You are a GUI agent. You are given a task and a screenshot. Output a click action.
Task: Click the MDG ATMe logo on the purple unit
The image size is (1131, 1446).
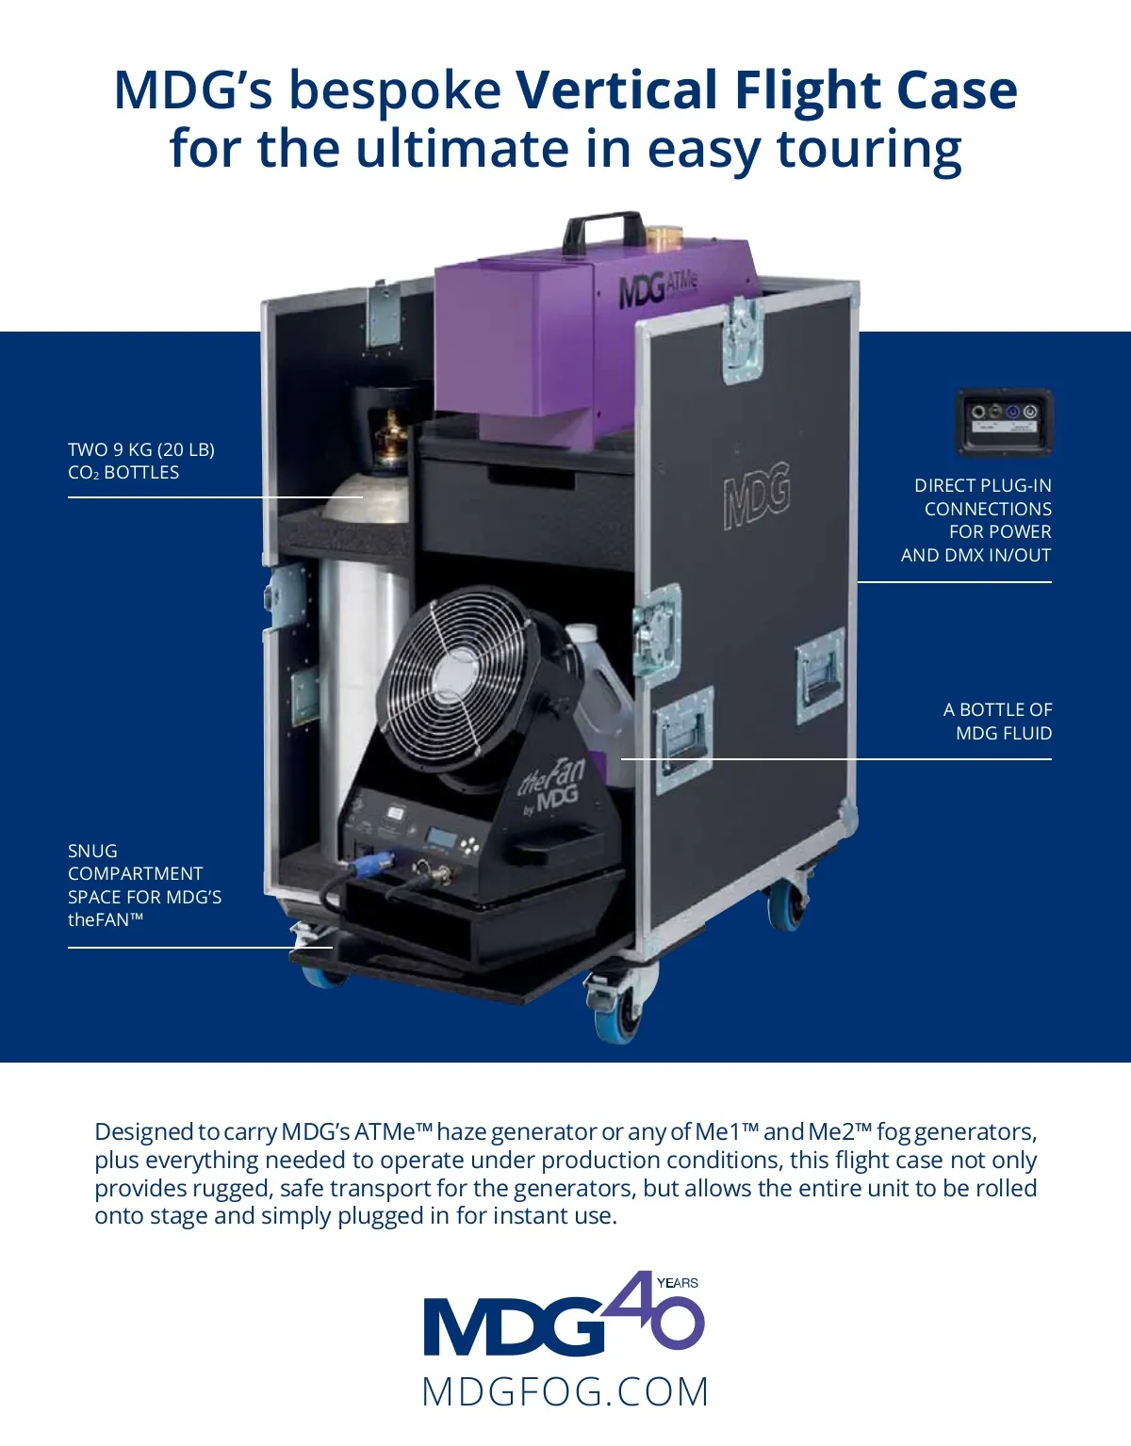[x=659, y=289]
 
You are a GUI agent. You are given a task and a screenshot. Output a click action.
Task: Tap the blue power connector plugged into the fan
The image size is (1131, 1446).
[x=366, y=865]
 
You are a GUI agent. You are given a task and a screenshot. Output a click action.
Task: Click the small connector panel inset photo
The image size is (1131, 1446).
[x=1004, y=422]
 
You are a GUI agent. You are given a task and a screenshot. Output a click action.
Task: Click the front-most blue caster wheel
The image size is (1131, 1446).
[x=615, y=1015]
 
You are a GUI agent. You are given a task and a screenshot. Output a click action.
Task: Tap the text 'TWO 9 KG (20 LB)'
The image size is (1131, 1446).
[x=141, y=450]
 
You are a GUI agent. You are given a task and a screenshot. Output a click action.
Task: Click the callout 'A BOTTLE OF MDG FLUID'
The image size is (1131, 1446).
[x=998, y=722]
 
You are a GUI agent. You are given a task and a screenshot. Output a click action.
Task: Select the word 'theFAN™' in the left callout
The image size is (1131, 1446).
[x=106, y=919]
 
